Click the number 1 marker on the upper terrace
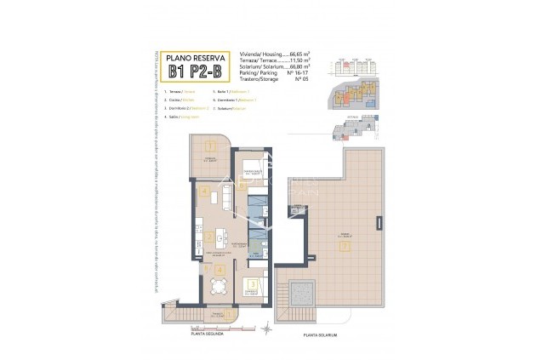pos(208,146)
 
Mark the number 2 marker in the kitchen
pos(209,237)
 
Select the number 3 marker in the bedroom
pos(253,284)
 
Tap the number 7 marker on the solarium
pos(345,247)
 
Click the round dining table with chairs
pos(220,288)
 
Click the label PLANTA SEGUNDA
pos(208,334)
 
